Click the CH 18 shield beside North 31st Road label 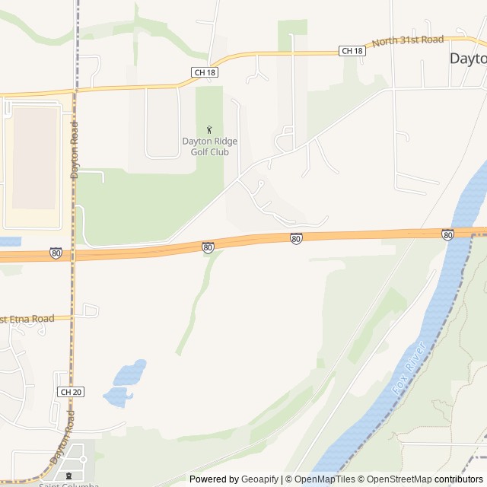click(x=352, y=51)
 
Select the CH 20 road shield click(x=69, y=391)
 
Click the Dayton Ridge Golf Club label click(x=209, y=145)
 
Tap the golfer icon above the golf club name click(x=209, y=130)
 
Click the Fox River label click(x=409, y=377)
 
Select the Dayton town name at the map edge click(x=467, y=59)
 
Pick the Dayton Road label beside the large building click(x=75, y=150)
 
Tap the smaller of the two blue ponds click(x=117, y=396)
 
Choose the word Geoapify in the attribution click(x=259, y=479)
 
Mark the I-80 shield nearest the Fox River click(x=447, y=235)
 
